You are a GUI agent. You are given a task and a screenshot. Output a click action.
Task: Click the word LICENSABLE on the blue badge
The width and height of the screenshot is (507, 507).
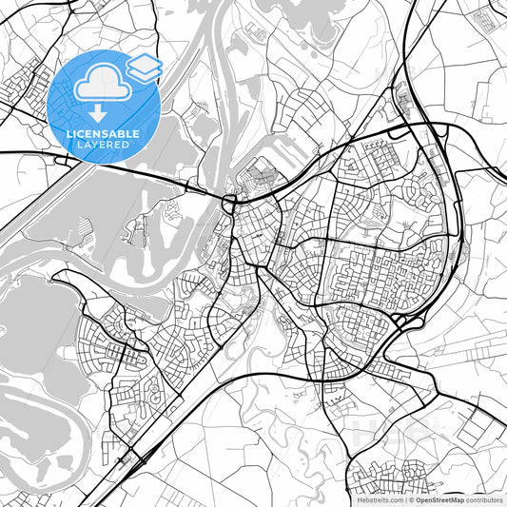point(105,134)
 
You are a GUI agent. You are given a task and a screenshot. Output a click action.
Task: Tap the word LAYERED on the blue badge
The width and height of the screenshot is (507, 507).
point(105,145)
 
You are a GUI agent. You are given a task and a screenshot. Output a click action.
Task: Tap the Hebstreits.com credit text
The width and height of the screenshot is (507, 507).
point(376,498)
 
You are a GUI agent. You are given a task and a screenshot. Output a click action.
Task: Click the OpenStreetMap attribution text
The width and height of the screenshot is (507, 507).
point(438,498)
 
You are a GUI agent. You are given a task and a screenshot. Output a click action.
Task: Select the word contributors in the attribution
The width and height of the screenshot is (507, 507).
point(483,498)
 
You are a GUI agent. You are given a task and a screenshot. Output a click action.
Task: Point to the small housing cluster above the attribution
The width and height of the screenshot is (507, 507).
point(400,471)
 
